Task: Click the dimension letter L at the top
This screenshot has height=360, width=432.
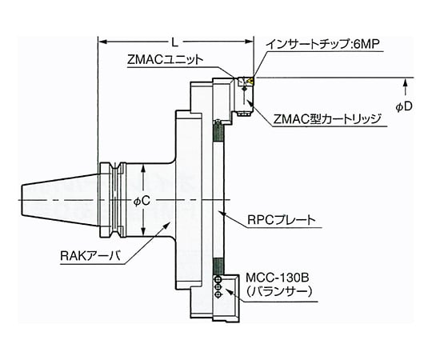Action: pos(175,38)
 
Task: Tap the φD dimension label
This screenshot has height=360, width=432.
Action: pos(405,106)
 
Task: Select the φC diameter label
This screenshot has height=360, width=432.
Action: pos(141,201)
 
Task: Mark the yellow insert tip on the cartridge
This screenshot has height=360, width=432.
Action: pos(250,80)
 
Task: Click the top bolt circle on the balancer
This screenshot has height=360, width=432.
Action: pos(217,279)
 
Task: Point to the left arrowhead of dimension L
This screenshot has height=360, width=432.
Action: pos(102,38)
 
